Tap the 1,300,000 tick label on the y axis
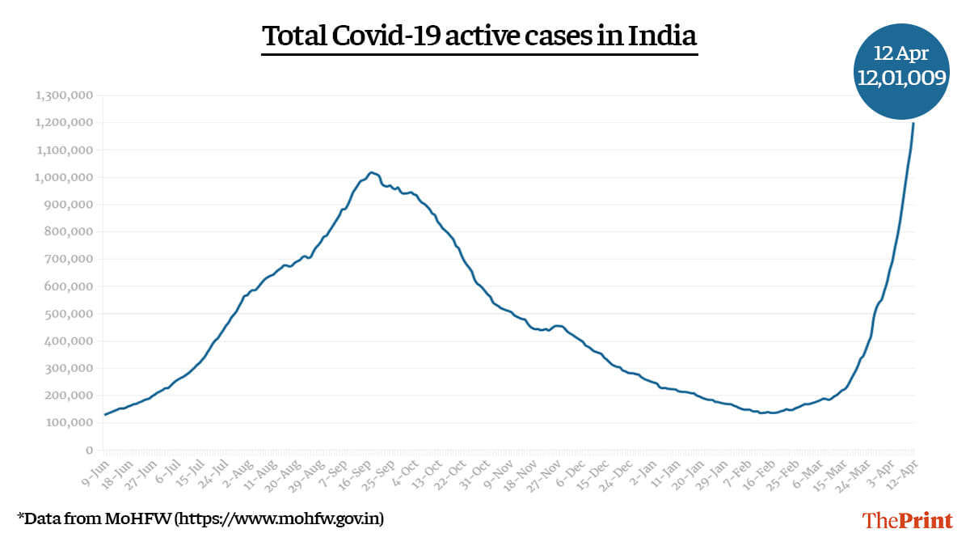click(65, 95)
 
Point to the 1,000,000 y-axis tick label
click(65, 177)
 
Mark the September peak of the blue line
click(370, 172)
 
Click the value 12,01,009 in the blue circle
click(901, 76)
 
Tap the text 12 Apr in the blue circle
click(901, 54)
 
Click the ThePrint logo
click(908, 520)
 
